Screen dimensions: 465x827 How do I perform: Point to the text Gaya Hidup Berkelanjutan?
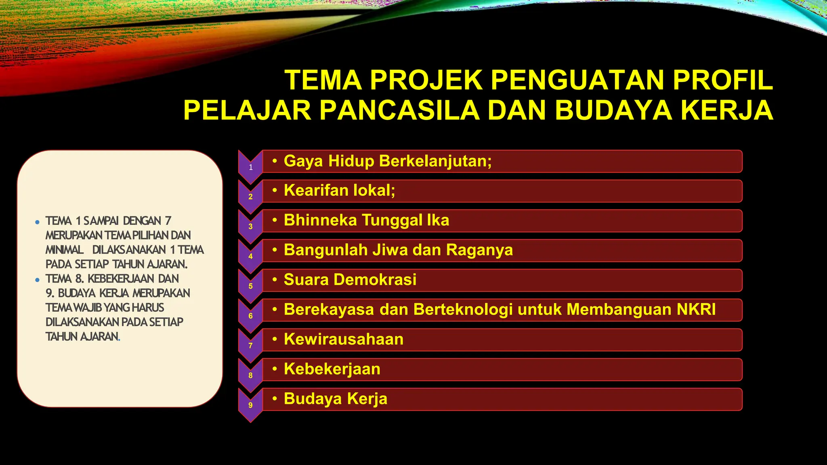tap(387, 161)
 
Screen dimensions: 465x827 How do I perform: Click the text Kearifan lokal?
tap(339, 191)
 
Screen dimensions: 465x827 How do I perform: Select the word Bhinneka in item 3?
tap(320, 220)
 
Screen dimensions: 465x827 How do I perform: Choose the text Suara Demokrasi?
tap(350, 280)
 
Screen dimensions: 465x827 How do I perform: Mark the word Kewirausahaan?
tap(344, 339)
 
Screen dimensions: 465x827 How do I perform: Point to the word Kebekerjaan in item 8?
tap(332, 369)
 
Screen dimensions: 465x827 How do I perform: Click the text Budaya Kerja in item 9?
tap(336, 399)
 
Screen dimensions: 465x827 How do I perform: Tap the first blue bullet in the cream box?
tap(37, 222)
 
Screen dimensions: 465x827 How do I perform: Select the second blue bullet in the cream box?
tap(37, 280)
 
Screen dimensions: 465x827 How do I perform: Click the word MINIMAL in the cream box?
tap(65, 250)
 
